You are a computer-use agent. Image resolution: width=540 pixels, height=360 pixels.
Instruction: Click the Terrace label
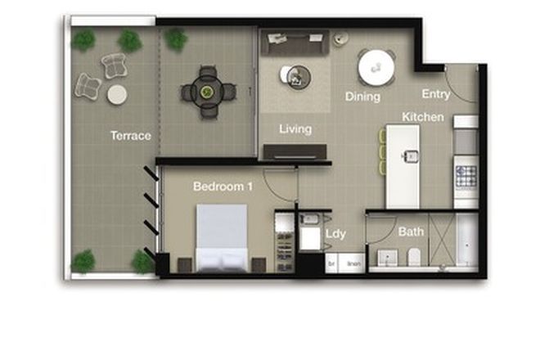[131, 136]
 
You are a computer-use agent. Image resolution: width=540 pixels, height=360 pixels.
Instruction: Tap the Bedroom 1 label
[223, 187]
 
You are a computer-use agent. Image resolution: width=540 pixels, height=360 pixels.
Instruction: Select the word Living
[295, 129]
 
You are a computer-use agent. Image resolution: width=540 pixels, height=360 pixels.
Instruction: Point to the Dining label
[362, 97]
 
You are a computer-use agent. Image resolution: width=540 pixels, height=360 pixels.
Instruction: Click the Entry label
[435, 94]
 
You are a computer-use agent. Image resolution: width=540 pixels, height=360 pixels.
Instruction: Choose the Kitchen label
[423, 117]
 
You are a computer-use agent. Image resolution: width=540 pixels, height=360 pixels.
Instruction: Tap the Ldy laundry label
[335, 234]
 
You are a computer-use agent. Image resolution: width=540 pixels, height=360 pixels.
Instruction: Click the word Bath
[411, 232]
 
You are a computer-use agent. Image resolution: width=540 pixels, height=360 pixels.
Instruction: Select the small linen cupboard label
[353, 264]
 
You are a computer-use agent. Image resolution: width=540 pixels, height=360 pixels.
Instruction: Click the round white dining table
[376, 68]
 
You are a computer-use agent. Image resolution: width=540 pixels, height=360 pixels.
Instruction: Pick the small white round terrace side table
[117, 94]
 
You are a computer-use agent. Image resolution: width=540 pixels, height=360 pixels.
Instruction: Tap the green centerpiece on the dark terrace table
[208, 90]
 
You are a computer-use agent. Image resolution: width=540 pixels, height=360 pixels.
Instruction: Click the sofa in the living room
[295, 42]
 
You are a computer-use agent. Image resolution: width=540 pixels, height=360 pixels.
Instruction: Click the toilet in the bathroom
[414, 256]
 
